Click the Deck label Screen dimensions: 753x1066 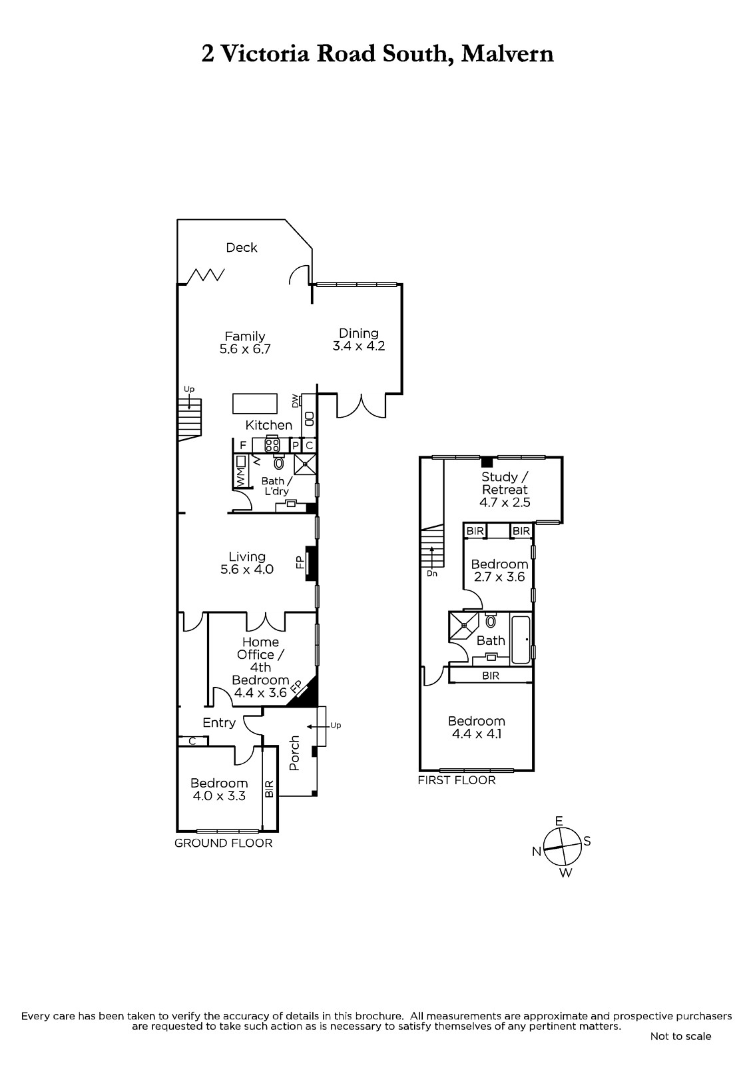241,247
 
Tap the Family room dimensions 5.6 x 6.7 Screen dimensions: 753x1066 244,349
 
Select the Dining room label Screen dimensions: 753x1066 359,333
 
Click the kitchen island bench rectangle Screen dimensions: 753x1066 255,404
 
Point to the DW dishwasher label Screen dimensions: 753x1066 296,400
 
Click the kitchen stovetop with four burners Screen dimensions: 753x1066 272,445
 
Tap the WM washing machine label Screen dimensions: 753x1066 240,477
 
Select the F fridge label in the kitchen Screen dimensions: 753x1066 243,446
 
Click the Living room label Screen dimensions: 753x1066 247,556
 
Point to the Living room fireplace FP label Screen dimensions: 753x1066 300,562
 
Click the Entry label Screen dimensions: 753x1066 219,723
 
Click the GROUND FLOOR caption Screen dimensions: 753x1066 223,843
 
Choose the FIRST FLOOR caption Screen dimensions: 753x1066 457,780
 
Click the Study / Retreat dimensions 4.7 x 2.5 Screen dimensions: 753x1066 505,502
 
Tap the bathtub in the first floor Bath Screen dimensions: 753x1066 521,640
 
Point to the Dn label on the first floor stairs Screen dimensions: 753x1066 431,574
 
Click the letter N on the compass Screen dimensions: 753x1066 537,852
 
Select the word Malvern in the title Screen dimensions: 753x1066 507,53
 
